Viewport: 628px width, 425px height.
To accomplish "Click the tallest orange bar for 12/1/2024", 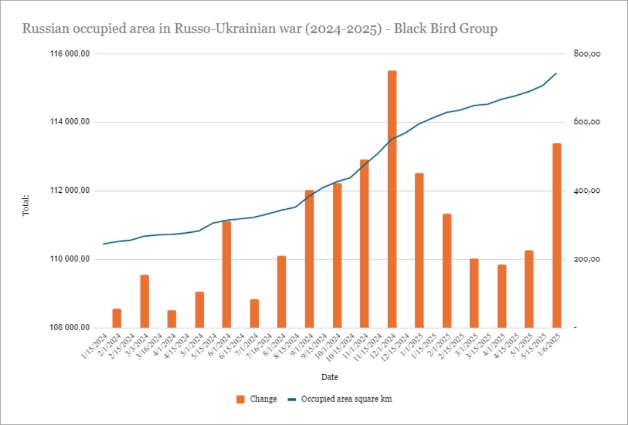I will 392,199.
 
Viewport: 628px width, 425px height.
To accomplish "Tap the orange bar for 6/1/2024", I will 227,274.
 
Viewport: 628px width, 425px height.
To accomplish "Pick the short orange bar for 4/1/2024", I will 172,319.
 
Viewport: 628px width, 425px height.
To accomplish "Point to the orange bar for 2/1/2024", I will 117,318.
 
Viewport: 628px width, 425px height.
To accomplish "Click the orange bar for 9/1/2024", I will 309,259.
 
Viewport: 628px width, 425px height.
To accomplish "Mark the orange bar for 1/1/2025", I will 419,250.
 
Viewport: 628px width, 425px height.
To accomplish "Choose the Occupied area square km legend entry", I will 346,399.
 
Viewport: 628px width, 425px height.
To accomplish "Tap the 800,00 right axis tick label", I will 587,54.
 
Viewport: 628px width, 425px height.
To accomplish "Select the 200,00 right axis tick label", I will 587,259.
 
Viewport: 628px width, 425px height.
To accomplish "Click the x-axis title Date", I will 329,376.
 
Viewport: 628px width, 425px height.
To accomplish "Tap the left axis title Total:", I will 26,205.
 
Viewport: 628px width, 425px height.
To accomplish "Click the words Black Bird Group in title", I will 444,29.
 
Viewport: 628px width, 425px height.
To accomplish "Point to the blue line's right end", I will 557,73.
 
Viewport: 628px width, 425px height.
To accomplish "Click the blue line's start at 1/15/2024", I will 104,244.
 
